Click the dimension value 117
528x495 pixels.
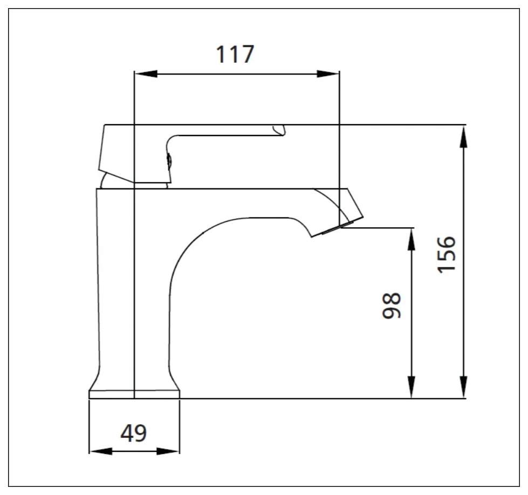(235, 55)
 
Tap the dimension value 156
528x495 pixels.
(446, 254)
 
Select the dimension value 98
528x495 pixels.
(392, 306)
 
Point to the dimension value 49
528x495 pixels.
(134, 433)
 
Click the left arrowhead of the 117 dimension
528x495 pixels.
(146, 74)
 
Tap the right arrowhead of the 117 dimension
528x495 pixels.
(328, 74)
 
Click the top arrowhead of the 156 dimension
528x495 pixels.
(464, 136)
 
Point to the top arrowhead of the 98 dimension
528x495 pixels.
(411, 239)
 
